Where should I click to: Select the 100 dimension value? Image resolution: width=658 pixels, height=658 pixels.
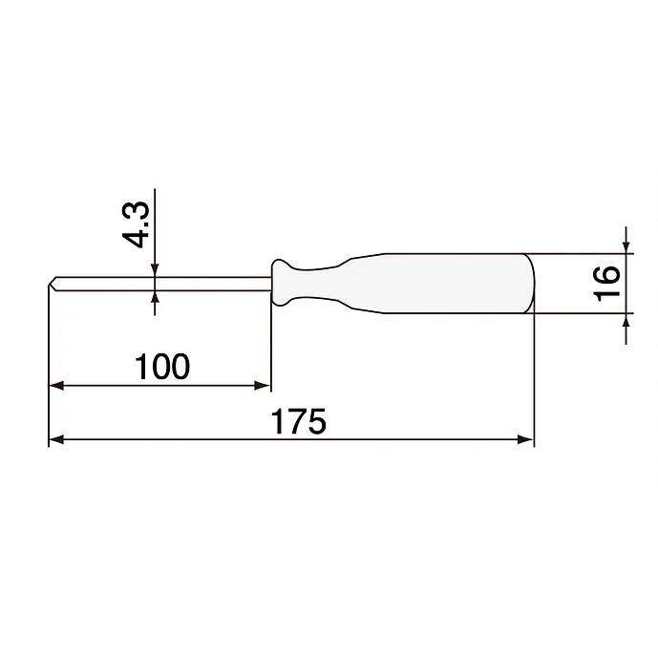coord(162,366)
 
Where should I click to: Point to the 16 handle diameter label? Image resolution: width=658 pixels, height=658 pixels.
coord(605,284)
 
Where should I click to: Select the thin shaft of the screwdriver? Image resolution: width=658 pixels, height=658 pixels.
coord(162,283)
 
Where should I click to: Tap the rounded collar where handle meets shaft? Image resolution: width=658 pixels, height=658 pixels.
coord(282,283)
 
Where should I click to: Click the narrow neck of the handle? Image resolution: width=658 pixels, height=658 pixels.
coord(320,283)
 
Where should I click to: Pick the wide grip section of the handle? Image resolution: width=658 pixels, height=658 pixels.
coord(449,283)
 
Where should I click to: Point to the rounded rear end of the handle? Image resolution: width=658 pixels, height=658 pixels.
coord(531,283)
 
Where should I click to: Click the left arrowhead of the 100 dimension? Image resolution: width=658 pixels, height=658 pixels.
coord(55,386)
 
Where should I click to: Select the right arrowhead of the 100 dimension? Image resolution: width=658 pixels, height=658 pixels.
coord(263,386)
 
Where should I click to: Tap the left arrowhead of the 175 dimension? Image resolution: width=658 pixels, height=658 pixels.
coord(55,439)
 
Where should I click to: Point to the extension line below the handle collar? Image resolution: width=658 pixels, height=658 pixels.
coord(271,344)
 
